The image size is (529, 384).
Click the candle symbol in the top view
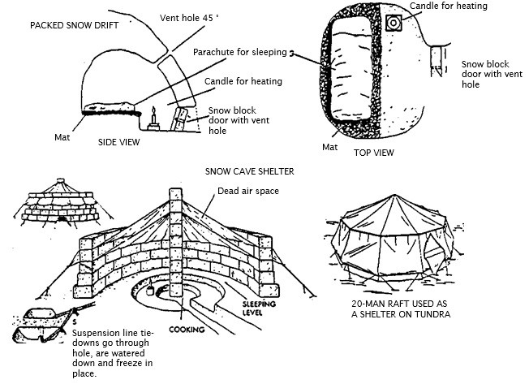point(395,23)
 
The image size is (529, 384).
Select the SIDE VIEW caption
point(118,142)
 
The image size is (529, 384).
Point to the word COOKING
point(186,330)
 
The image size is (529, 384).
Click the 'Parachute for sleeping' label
point(240,53)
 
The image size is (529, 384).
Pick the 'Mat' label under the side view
point(65,137)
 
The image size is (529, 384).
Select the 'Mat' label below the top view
point(329,147)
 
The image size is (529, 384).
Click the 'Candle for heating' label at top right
point(449,6)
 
